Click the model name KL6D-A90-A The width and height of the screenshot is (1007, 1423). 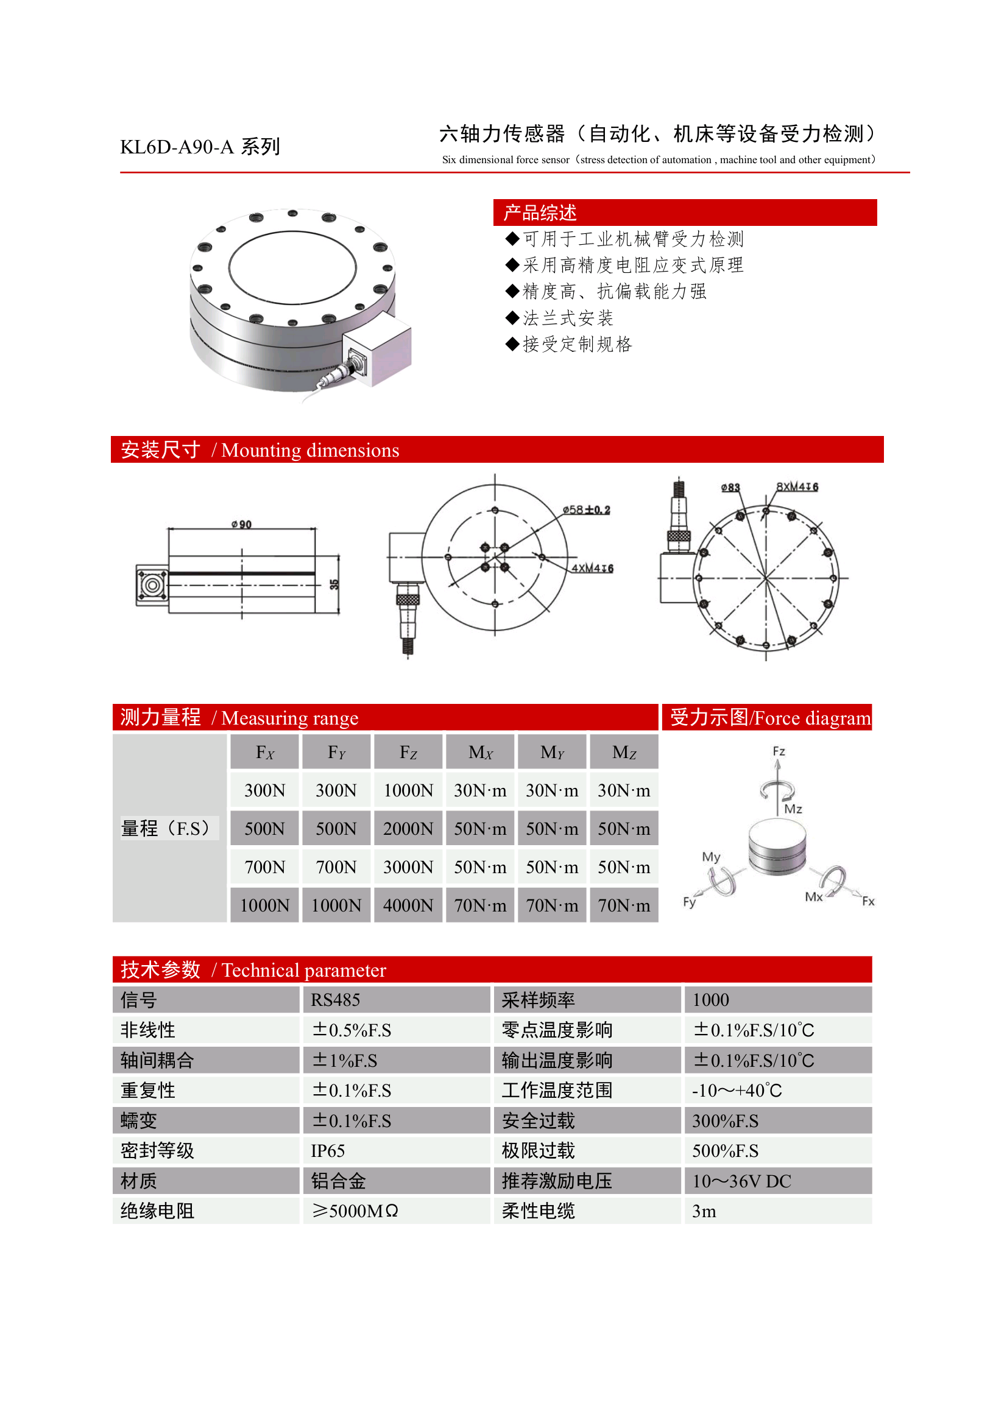click(x=177, y=147)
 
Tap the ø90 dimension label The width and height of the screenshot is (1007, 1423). click(x=242, y=524)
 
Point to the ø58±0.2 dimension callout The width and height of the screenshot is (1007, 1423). click(x=586, y=510)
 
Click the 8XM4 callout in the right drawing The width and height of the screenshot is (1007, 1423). click(x=797, y=487)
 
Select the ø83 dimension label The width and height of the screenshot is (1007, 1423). click(x=730, y=487)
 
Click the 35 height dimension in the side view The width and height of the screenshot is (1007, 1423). click(x=334, y=584)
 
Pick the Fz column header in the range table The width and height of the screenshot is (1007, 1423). click(x=408, y=753)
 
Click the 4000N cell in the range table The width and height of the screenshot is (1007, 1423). click(x=408, y=905)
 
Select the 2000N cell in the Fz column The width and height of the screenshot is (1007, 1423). click(x=408, y=829)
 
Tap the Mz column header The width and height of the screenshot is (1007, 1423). click(x=624, y=753)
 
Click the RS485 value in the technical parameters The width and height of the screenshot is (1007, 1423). click(x=335, y=1000)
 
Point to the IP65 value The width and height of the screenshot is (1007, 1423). click(x=327, y=1151)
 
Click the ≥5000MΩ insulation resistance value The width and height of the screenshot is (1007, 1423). click(x=355, y=1211)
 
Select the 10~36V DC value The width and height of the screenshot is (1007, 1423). click(x=741, y=1181)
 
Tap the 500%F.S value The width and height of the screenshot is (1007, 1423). click(x=725, y=1151)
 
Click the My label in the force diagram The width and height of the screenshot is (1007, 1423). click(x=710, y=857)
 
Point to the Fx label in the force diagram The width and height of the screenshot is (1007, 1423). click(x=868, y=901)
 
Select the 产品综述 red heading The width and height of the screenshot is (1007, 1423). click(x=540, y=213)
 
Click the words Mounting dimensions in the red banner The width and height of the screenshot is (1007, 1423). click(x=310, y=450)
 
